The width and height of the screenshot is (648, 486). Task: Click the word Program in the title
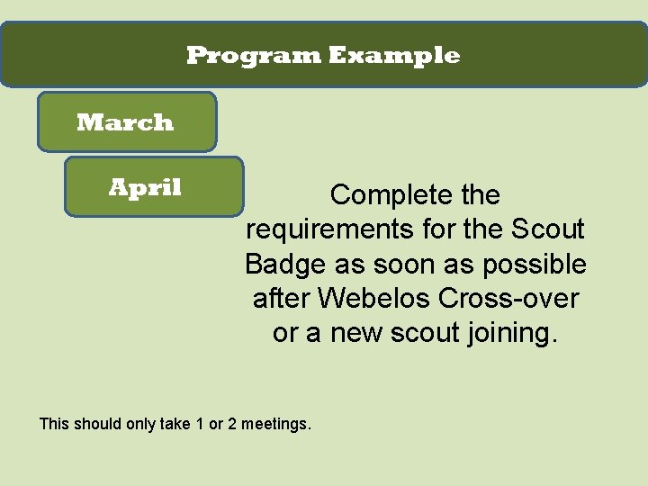(253, 56)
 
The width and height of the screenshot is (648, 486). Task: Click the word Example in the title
(393, 56)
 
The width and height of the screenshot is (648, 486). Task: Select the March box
(126, 122)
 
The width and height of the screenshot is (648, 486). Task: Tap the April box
(154, 187)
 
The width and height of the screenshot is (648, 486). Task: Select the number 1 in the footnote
(198, 423)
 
